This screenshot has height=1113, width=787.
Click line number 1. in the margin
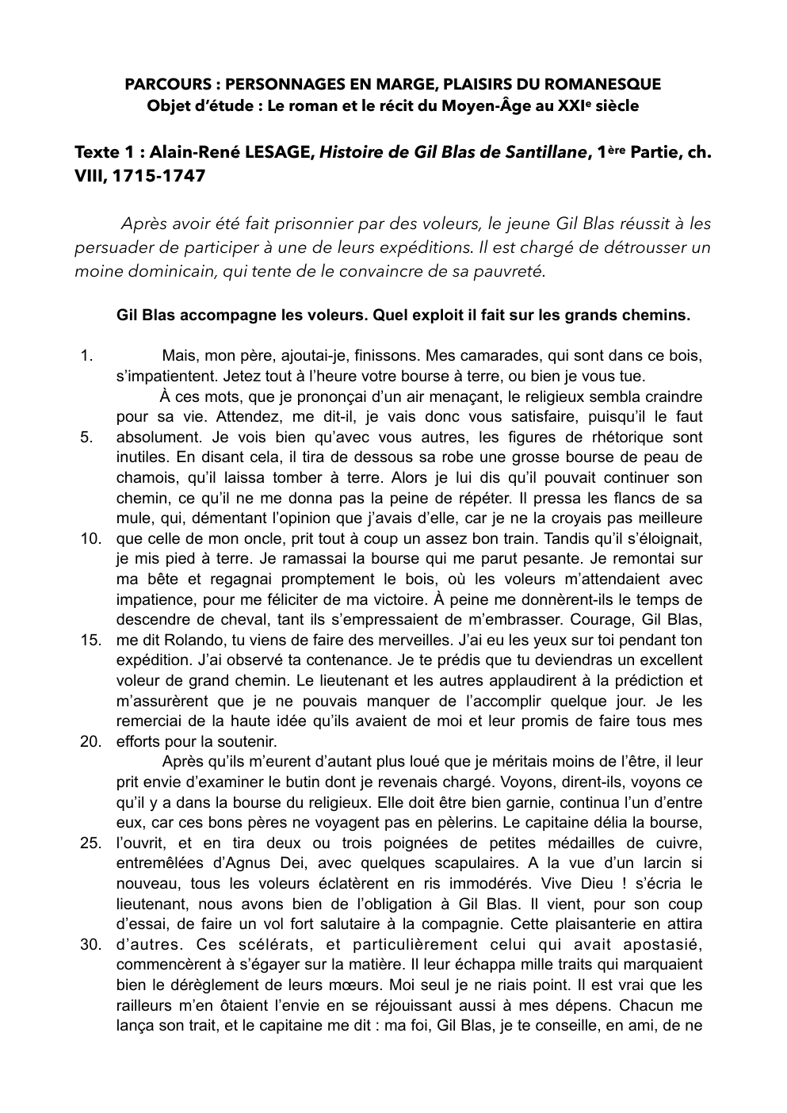88,356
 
